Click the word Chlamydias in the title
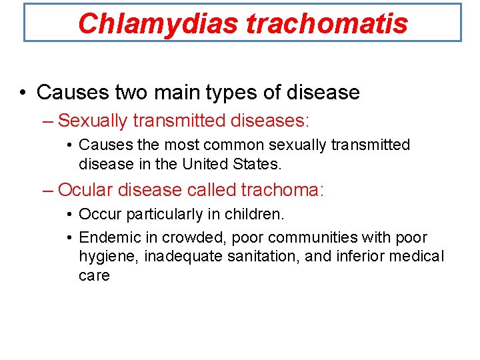(158, 23)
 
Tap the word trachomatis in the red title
(327, 23)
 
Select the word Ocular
(85, 190)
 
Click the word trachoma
(281, 190)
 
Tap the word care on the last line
(94, 275)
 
